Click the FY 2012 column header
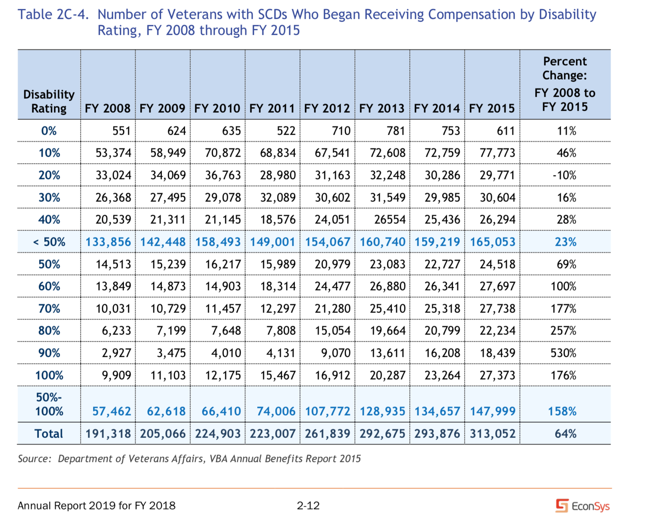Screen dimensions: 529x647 pyautogui.click(x=327, y=108)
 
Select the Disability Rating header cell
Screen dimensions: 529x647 pyautogui.click(x=49, y=101)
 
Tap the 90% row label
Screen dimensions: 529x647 pyautogui.click(x=49, y=353)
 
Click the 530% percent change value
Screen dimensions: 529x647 pyautogui.click(x=564, y=353)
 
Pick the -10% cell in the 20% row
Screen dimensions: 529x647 pyautogui.click(x=564, y=175)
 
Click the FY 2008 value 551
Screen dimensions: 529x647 pyautogui.click(x=121, y=131)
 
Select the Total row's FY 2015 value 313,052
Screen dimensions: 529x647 pyautogui.click(x=492, y=434)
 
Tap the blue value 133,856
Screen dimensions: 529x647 pyautogui.click(x=108, y=242)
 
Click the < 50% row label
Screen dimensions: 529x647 pyautogui.click(x=49, y=242)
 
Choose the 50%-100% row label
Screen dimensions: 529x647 pyautogui.click(x=49, y=404)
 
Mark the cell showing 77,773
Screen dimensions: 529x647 pyautogui.click(x=497, y=153)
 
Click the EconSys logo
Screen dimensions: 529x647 pyautogui.click(x=583, y=506)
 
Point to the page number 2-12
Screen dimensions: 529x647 pyautogui.click(x=308, y=506)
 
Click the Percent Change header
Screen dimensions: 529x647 pyautogui.click(x=565, y=84)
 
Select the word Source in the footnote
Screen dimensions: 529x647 pyautogui.click(x=34, y=459)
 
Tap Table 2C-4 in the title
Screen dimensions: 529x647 pyautogui.click(x=53, y=14)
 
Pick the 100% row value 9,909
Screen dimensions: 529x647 pyautogui.click(x=116, y=375)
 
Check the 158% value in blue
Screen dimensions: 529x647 pyautogui.click(x=562, y=411)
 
